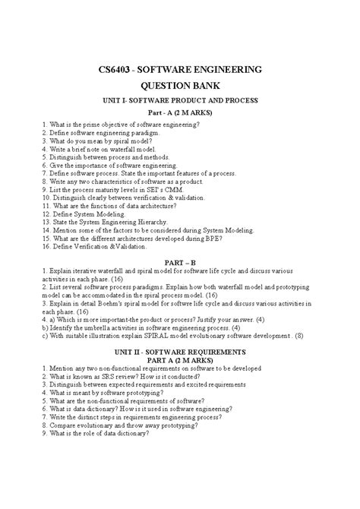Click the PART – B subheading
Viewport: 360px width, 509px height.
180,261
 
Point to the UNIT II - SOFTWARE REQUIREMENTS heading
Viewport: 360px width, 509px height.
180,353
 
